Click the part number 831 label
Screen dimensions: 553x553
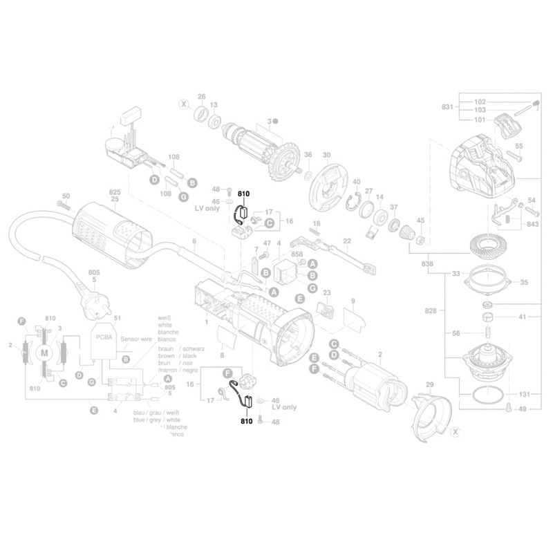coord(447,107)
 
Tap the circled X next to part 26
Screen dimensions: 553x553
coord(183,105)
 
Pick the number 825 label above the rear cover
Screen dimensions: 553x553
coord(114,191)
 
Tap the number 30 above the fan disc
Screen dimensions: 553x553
coord(327,156)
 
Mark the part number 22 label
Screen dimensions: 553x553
coord(347,241)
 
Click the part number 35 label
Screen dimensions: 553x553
coord(523,283)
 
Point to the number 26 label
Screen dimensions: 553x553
coord(202,97)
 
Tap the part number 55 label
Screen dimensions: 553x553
coord(519,146)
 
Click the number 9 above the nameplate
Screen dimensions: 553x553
coord(353,301)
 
